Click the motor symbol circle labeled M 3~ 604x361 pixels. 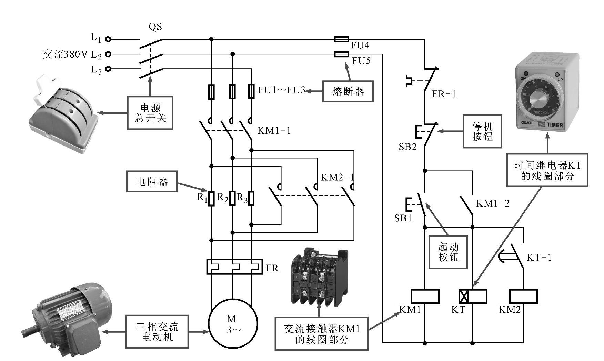pos(233,324)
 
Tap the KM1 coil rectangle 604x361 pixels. pos(425,297)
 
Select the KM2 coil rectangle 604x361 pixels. pos(523,297)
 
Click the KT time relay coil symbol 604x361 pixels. pos(473,297)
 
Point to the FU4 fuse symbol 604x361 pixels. pos(341,39)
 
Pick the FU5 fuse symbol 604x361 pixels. pos(341,54)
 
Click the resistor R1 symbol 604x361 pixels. pos(211,198)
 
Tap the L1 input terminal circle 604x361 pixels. pos(108,39)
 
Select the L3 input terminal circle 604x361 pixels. pos(108,69)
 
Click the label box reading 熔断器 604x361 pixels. pos(348,91)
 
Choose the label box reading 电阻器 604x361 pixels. pos(152,181)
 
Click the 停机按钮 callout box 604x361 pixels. pos(482,131)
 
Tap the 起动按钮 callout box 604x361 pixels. pos(448,252)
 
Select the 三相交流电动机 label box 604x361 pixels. pos(157,331)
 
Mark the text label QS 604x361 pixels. pos(155,27)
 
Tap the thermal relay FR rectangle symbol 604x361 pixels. pos(234,267)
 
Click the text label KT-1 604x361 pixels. pos(539,258)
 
